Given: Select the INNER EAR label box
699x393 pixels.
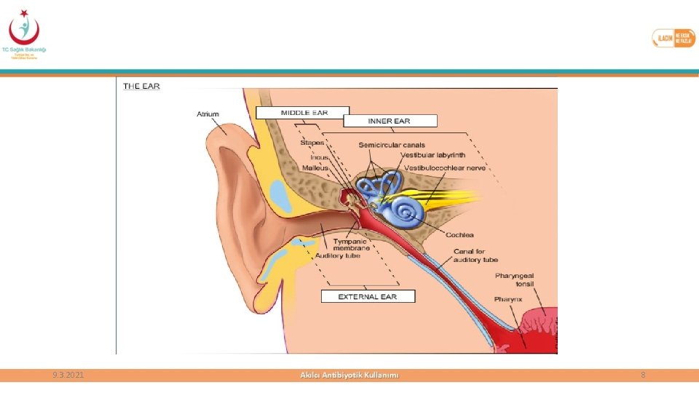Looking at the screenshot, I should coord(390,121).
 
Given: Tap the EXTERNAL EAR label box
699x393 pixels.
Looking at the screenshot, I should coord(368,296).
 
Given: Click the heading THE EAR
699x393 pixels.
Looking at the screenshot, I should coord(141,86).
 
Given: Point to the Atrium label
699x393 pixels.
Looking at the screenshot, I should coord(208,114).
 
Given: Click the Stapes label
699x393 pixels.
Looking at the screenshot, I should coord(312,143).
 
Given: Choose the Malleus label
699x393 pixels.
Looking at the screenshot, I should coord(315,167).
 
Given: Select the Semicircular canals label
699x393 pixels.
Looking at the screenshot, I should coord(392,145).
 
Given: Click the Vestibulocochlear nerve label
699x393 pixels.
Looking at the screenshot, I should coord(445,167).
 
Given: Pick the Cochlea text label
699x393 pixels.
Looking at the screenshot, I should coord(460,234).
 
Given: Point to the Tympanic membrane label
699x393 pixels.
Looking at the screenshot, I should coord(352,245).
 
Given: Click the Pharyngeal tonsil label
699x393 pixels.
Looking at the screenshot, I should coord(515,279).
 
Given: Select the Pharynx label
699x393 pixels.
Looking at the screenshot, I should coord(508,299).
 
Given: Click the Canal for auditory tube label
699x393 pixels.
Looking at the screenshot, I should coord(475,255).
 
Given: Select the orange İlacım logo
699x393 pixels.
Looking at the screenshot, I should coord(674,38).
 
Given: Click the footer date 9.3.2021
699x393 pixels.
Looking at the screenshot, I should coord(68,375).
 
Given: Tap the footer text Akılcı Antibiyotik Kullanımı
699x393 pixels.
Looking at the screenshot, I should coord(349,375).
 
